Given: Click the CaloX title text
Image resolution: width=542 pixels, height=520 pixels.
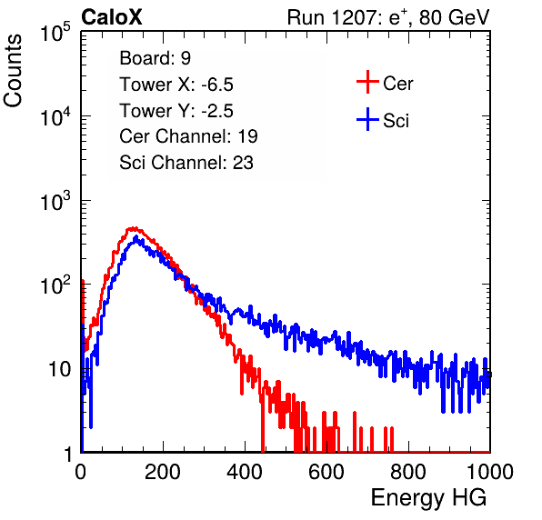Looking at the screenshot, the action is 111,17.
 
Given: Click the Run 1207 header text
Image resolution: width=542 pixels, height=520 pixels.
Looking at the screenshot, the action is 388,17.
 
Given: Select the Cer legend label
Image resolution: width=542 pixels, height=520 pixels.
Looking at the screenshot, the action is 397,84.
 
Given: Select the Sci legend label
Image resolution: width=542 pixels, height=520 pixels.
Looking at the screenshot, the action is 396,121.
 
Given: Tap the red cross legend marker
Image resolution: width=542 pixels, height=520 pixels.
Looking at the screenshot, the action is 367,82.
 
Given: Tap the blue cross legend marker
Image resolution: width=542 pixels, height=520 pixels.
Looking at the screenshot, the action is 367,119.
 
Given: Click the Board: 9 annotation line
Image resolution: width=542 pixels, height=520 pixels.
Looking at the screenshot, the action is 156,58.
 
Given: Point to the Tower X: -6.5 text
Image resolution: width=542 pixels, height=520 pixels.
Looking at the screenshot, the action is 176,85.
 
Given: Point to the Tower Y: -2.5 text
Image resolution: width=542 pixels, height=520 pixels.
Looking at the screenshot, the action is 176,111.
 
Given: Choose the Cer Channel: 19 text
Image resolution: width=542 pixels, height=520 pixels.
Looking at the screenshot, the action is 188,136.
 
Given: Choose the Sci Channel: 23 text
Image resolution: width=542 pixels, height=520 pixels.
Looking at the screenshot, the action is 186,163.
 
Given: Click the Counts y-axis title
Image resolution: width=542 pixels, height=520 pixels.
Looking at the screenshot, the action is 13,71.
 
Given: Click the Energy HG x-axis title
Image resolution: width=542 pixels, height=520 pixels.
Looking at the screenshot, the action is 428,497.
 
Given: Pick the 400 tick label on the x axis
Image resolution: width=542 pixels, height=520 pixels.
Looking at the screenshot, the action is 245,472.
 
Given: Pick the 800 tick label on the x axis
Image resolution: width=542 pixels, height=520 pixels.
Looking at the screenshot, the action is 408,472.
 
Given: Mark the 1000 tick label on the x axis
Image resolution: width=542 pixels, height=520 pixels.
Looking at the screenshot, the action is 490,472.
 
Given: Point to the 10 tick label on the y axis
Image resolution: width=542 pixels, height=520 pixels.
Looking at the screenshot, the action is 60,369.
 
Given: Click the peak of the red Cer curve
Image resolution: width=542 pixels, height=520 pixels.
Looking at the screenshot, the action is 134,228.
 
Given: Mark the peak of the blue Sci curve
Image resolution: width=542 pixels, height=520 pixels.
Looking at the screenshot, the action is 135,236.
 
